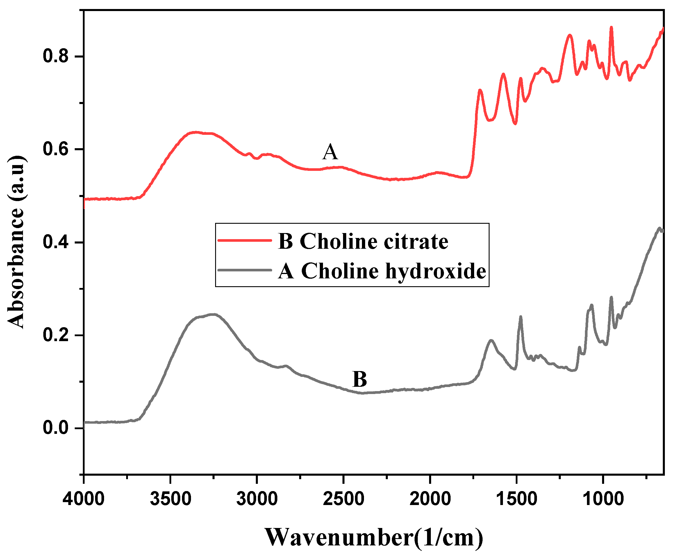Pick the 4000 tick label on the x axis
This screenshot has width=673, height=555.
pyautogui.click(x=84, y=499)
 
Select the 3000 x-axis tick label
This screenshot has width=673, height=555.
pyautogui.click(x=257, y=499)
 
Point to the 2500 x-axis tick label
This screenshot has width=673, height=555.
pyautogui.click(x=344, y=499)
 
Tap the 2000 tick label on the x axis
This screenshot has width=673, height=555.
pyautogui.click(x=430, y=499)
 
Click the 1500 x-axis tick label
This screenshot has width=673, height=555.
pyautogui.click(x=517, y=499)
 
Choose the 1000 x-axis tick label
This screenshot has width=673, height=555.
pyautogui.click(x=603, y=499)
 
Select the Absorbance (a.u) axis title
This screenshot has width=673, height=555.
pyautogui.click(x=16, y=242)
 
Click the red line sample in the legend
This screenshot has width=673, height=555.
pyautogui.click(x=244, y=240)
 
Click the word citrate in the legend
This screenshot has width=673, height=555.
pyautogui.click(x=416, y=241)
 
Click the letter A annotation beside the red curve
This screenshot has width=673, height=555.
pyautogui.click(x=330, y=152)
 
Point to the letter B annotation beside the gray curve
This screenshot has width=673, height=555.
pyautogui.click(x=360, y=379)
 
